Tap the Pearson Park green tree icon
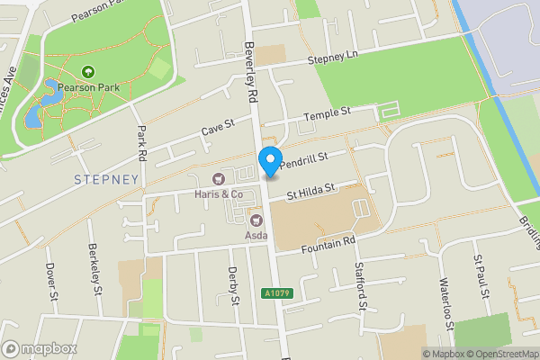point(88,72)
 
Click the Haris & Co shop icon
point(218,178)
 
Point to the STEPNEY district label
point(107,179)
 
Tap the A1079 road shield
point(279,292)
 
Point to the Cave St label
point(217,128)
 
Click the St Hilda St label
point(310,192)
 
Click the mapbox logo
point(40,348)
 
